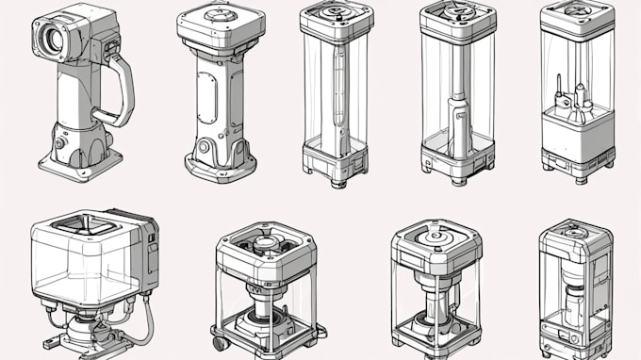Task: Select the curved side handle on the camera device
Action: [121, 90]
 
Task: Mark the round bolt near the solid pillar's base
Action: [204, 146]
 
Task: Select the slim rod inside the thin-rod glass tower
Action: [337, 94]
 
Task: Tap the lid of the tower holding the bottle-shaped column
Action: [458, 18]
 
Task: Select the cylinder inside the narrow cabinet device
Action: [576, 302]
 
